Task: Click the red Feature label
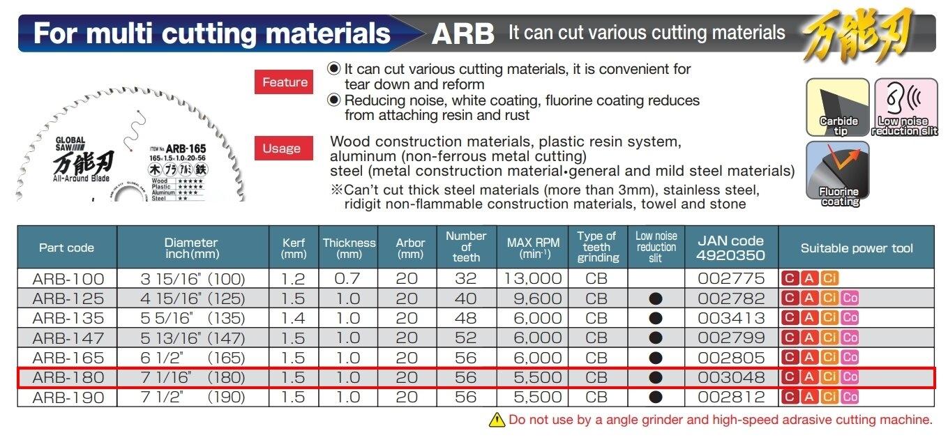pyautogui.click(x=285, y=82)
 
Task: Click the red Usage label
pyautogui.click(x=282, y=149)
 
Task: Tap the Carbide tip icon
pyautogui.click(x=838, y=107)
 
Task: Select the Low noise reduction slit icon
pyautogui.click(x=904, y=107)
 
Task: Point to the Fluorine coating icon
pyautogui.click(x=838, y=173)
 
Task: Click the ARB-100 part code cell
pyautogui.click(x=68, y=279)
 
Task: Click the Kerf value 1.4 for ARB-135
pyautogui.click(x=294, y=318)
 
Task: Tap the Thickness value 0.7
pyautogui.click(x=348, y=279)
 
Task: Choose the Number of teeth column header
pyautogui.click(x=466, y=247)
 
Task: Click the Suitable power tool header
pyautogui.click(x=857, y=248)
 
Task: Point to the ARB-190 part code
pyautogui.click(x=68, y=397)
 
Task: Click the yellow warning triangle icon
pyautogui.click(x=497, y=420)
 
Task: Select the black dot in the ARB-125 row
pyautogui.click(x=656, y=298)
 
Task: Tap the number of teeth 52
pyautogui.click(x=466, y=338)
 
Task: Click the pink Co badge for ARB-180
pyautogui.click(x=850, y=377)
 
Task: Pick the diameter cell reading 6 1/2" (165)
pyautogui.click(x=193, y=358)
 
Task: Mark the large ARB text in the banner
pyautogui.click(x=462, y=33)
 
